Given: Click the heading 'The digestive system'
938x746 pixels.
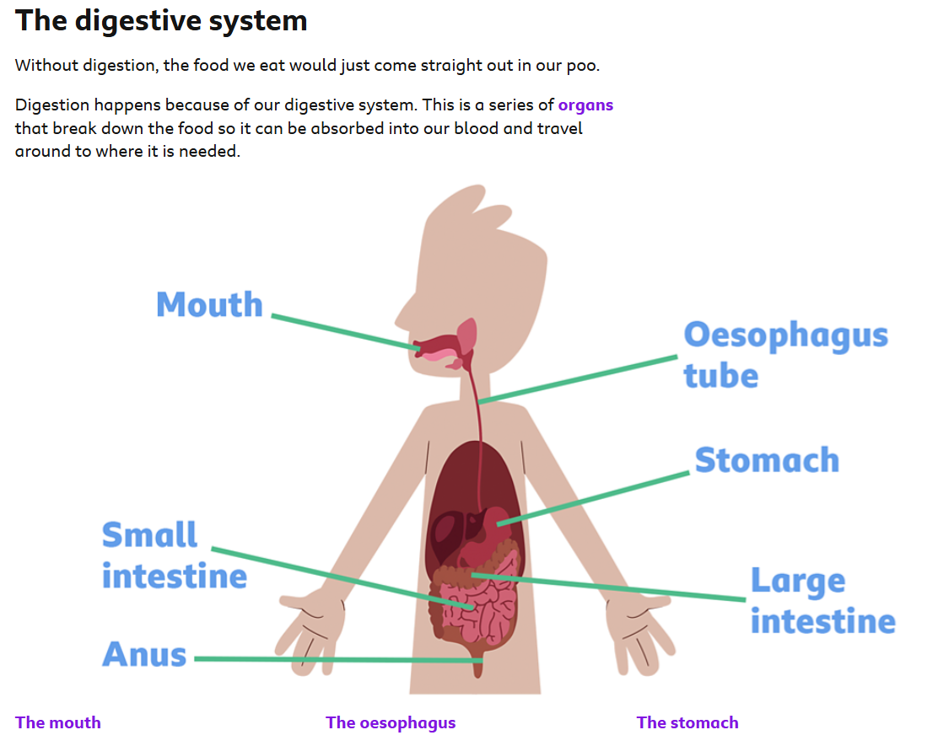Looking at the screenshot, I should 161,20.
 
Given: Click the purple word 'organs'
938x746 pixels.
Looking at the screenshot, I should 585,105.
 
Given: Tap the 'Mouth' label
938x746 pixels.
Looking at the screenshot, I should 209,304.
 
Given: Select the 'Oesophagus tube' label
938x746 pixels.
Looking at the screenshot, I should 785,355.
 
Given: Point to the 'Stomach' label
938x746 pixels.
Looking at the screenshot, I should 767,460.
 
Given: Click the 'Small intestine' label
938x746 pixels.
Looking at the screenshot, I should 174,555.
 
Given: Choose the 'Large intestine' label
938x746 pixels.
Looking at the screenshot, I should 822,601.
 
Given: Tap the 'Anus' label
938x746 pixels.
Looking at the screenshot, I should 144,654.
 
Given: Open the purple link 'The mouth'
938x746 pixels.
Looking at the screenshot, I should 57,722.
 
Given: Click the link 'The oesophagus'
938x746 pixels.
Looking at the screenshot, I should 391,722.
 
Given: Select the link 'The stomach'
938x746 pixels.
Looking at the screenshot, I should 687,722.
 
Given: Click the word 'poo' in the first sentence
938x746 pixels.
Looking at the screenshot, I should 581,66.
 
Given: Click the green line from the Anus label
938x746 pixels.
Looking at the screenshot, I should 337,659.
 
